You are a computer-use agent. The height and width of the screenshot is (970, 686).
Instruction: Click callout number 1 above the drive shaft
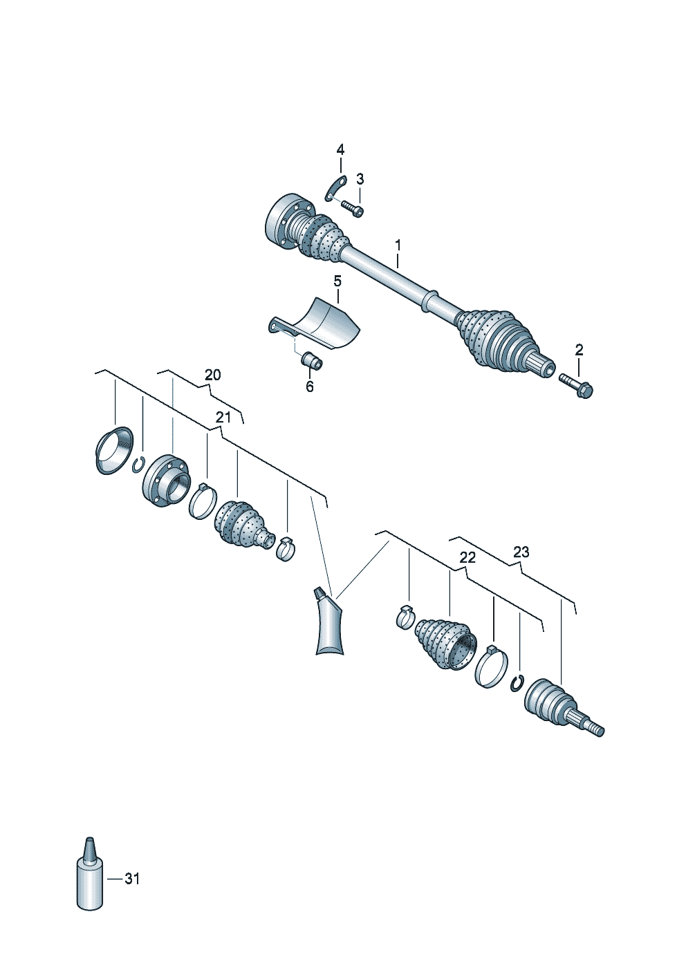[x=398, y=245]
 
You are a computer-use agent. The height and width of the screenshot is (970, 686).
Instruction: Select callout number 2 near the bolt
[x=579, y=350]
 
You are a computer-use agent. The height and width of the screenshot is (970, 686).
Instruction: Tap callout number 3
[x=360, y=179]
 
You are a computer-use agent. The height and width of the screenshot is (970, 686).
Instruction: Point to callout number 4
[x=340, y=150]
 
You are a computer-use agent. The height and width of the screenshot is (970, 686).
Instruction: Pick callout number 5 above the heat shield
[x=337, y=281]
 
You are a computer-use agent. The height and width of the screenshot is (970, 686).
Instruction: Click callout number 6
[x=309, y=387]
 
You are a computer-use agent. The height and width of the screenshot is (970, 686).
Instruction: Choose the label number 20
[x=213, y=375]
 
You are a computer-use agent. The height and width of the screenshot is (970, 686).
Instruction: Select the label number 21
[x=223, y=417]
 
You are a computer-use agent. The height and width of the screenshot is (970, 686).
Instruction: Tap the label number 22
[x=467, y=557]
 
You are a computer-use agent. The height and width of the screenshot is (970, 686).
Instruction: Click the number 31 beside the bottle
[x=131, y=879]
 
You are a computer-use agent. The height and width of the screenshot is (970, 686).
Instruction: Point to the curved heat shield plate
[x=325, y=324]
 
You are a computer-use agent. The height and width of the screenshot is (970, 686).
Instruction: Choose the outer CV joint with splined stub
[x=553, y=707]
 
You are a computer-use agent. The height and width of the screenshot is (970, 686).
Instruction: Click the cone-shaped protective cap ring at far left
[x=113, y=451]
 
